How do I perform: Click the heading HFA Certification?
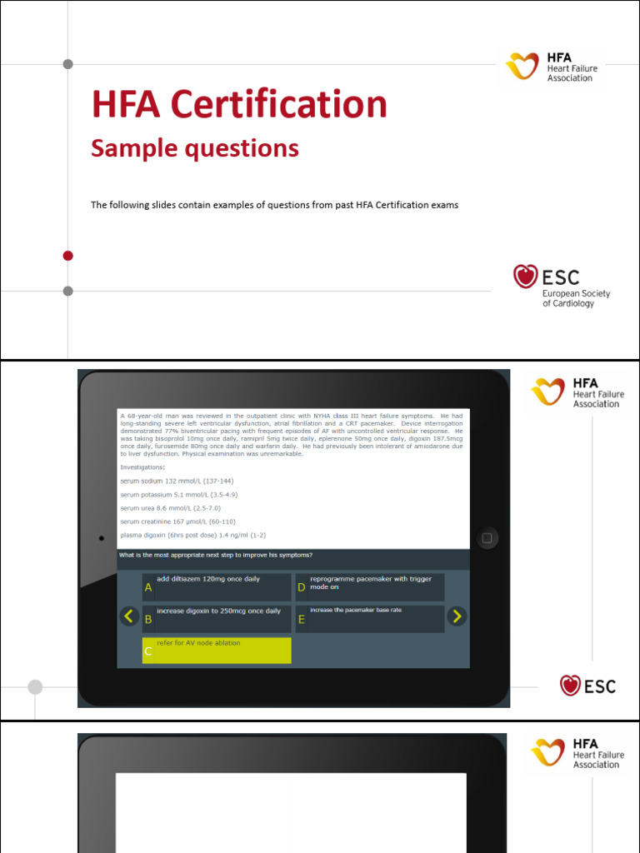[239, 106]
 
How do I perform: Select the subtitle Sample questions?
[194, 148]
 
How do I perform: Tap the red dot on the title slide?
[68, 256]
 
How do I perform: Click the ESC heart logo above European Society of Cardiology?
[525, 277]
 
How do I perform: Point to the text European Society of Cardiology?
[576, 298]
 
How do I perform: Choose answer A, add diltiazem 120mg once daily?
[217, 586]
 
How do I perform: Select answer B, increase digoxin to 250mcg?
[217, 618]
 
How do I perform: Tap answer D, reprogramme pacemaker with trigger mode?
[370, 586]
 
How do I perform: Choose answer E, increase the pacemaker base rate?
[370, 618]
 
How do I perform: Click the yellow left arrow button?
[128, 616]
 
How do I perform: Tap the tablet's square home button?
[487, 538]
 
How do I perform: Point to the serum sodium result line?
[177, 481]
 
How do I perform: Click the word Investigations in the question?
[142, 467]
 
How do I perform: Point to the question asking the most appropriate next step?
[216, 555]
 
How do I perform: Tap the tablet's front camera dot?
[101, 538]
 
